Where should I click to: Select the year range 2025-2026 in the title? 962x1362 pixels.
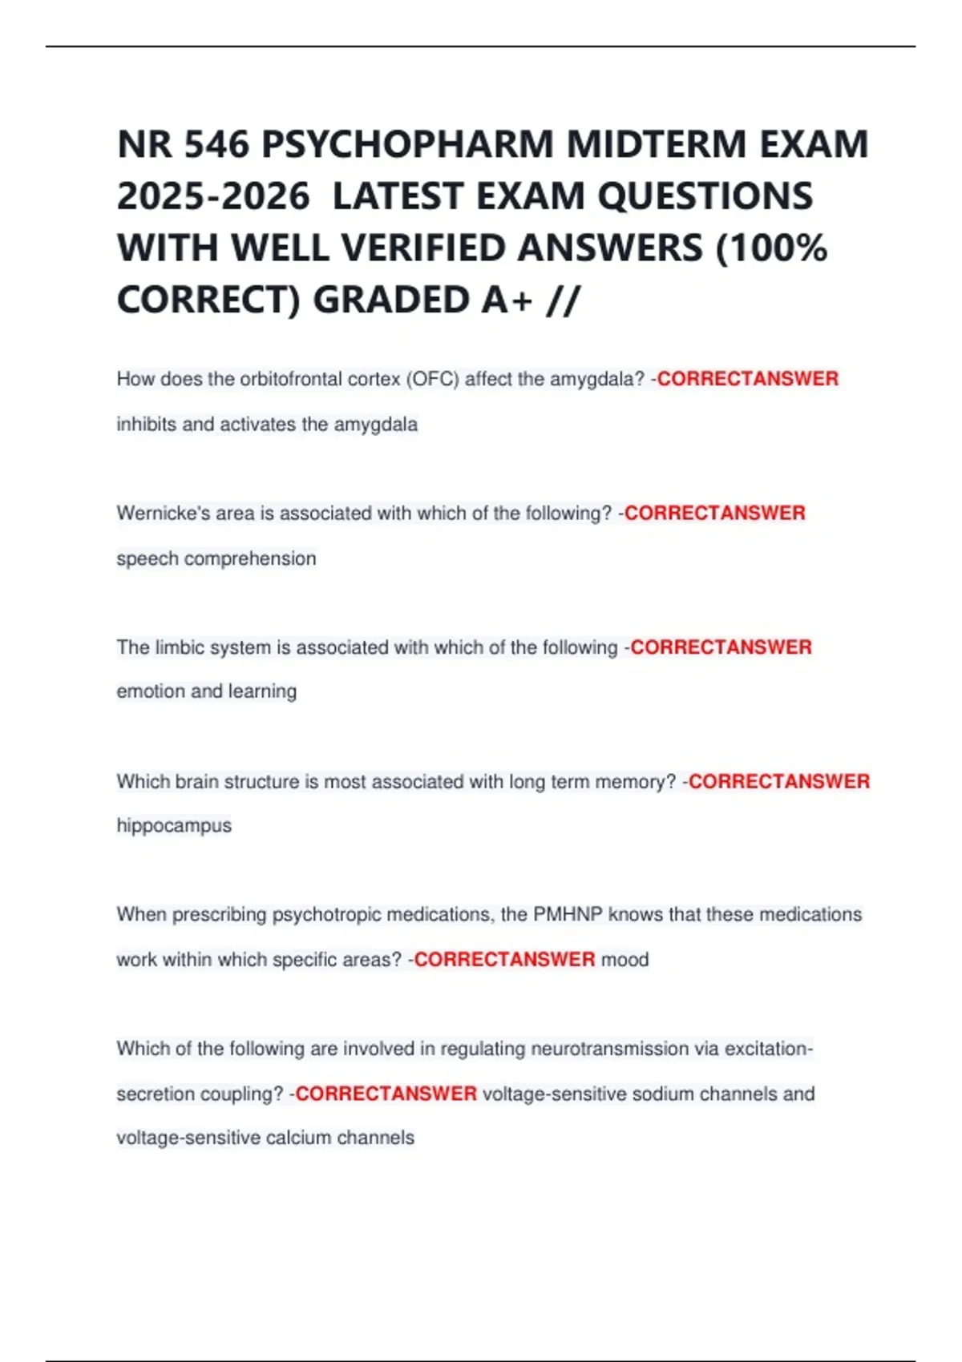click(x=213, y=196)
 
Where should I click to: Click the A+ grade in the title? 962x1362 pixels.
click(x=507, y=300)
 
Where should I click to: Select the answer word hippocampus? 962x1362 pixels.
click(x=174, y=825)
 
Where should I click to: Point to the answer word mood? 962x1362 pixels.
click(x=624, y=959)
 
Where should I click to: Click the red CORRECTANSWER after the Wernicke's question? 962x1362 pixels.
click(x=714, y=513)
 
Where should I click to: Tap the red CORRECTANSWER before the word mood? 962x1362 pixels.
click(x=504, y=959)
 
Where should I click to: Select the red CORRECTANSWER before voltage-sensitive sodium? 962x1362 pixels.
click(x=386, y=1094)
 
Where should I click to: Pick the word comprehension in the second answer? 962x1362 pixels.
click(x=250, y=558)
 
